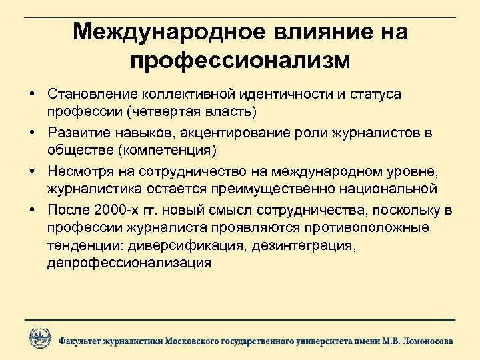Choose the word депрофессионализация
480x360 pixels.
[129, 262]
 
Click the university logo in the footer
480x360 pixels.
[39, 339]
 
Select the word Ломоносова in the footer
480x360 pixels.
[427, 341]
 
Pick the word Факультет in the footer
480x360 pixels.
[79, 341]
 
